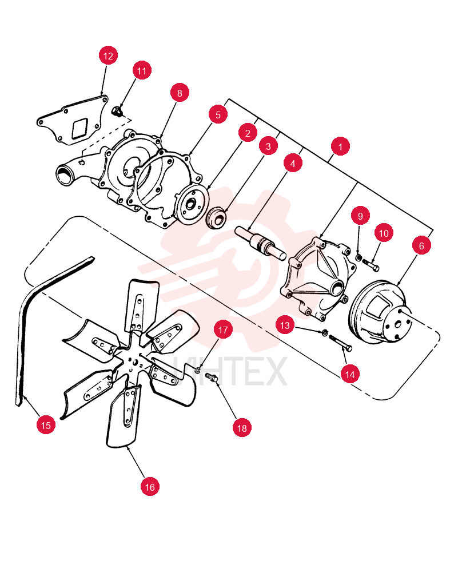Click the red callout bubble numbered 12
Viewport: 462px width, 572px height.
[108, 56]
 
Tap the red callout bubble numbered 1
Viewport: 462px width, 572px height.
[340, 146]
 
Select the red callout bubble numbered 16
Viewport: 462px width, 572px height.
[150, 487]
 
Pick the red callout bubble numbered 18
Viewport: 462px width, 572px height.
[242, 428]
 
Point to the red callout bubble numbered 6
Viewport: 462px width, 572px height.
[421, 245]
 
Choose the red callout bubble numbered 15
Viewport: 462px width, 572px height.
[46, 425]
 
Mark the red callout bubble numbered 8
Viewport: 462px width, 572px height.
[180, 93]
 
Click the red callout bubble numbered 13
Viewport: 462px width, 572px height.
[285, 325]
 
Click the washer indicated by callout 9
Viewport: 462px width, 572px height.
[359, 257]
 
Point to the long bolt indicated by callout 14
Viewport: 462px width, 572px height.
[341, 343]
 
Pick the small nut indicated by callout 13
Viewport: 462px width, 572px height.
[324, 332]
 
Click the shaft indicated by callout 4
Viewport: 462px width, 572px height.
[261, 243]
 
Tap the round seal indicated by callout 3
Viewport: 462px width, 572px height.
[217, 218]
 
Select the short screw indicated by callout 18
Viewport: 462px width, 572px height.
[212, 377]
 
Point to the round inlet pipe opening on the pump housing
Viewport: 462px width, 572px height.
[65, 174]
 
